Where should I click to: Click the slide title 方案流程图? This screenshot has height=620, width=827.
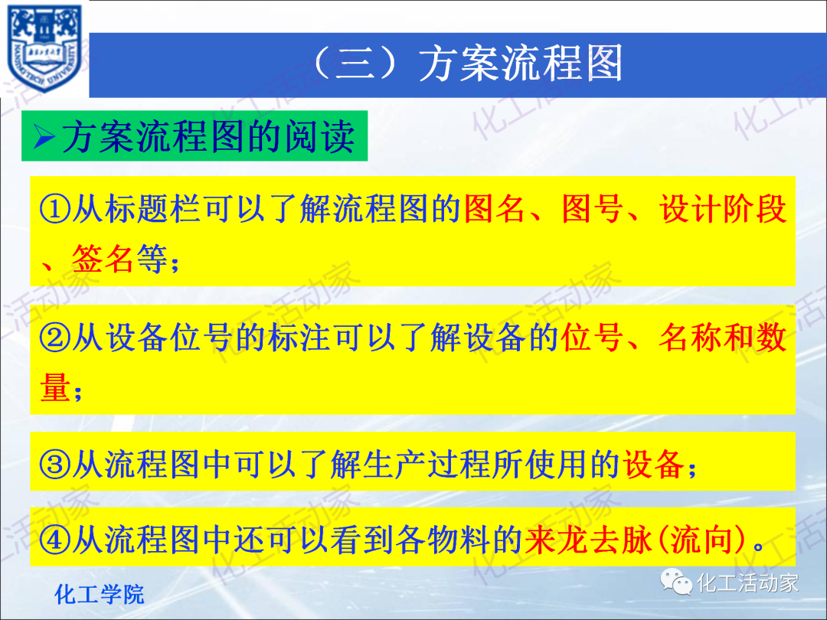(521, 64)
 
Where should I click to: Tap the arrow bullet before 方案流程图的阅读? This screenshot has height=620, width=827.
(45, 138)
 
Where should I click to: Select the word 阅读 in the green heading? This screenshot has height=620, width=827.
(325, 138)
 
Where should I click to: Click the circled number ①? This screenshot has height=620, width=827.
(54, 209)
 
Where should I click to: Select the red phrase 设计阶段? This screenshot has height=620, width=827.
(724, 209)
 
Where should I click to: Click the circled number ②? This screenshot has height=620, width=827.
(54, 338)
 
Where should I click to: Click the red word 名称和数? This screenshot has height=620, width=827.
(723, 338)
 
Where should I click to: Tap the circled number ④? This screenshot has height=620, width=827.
(54, 541)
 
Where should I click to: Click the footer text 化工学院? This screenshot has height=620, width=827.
(100, 594)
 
